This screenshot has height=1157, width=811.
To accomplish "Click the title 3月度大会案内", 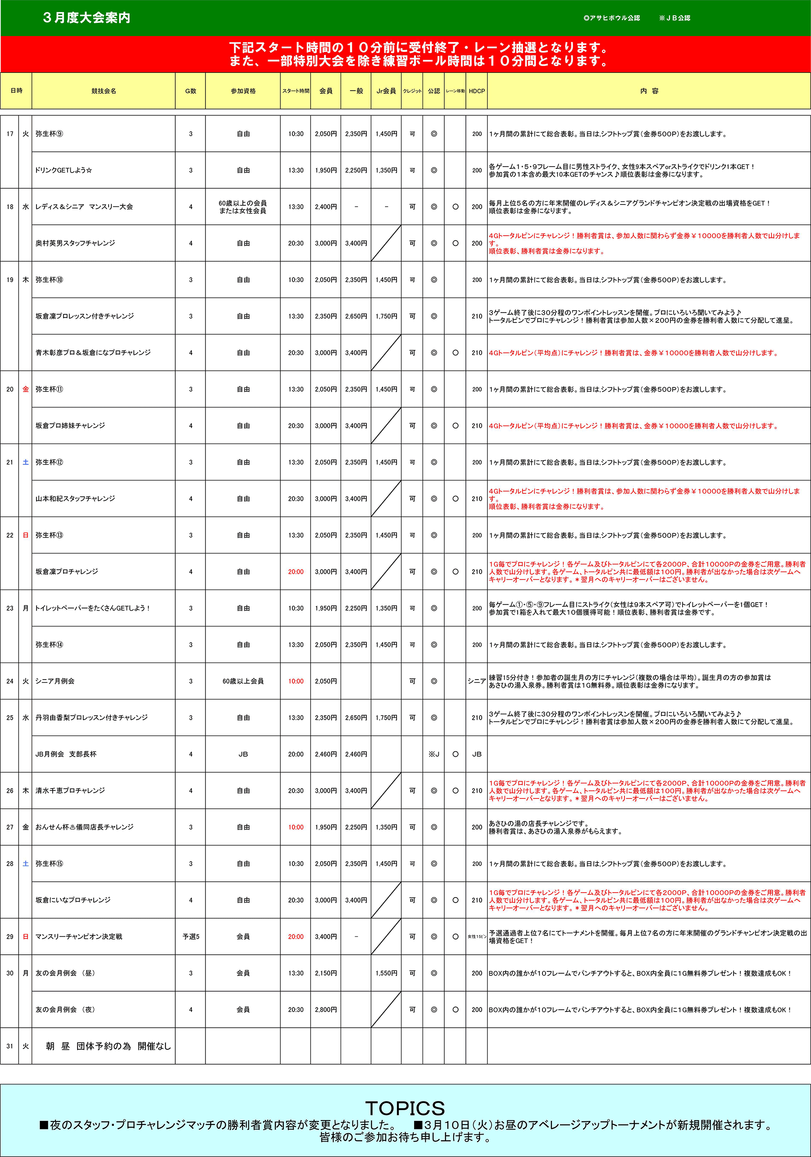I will coord(87,18).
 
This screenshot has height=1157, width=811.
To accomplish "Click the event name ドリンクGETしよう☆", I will coord(64,170).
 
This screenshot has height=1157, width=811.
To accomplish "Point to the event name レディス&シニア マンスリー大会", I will coord(84,207).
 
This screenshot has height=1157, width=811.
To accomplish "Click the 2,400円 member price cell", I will coord(326,207).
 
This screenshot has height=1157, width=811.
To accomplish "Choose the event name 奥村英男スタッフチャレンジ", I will coord(75,243).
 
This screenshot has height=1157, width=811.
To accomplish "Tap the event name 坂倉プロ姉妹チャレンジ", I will coord(70,426).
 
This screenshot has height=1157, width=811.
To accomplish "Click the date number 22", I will coord(10,535).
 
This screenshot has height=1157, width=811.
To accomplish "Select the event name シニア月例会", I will coord(55,681).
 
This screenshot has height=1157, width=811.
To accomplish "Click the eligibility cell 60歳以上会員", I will coord(243,681).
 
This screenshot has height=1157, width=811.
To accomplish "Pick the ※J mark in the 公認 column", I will coord(433,754).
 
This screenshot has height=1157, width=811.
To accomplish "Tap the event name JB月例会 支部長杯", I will coord(66,754).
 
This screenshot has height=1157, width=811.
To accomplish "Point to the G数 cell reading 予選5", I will coord(191,937).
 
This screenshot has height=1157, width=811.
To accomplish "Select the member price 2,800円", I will coord(326,1010).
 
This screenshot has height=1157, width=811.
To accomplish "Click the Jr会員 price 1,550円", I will coord(386,974).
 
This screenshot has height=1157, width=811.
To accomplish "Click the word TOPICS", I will coord(405,1108).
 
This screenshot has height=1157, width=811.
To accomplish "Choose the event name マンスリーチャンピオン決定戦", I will coord(79,937).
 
